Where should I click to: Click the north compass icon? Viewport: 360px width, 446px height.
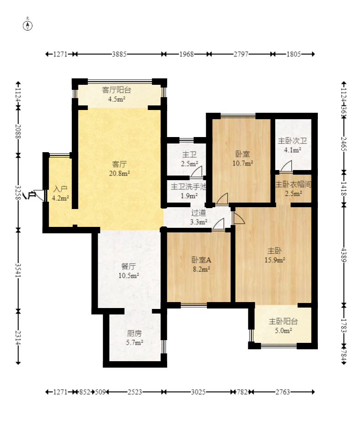click(x=27, y=25)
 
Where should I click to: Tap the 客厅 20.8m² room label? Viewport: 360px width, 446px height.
click(x=120, y=169)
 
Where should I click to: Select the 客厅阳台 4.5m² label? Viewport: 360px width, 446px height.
click(x=116, y=94)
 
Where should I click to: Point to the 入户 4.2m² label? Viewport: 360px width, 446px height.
click(x=60, y=193)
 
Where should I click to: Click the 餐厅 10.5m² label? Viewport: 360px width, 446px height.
click(x=128, y=271)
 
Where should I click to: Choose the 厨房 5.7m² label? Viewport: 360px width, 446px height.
click(x=134, y=338)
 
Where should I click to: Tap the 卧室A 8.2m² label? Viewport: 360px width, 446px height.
click(x=202, y=264)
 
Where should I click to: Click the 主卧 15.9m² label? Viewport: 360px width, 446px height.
click(x=275, y=255)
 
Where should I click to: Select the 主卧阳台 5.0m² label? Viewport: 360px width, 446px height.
click(x=284, y=326)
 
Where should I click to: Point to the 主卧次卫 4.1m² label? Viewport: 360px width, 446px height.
click(x=292, y=145)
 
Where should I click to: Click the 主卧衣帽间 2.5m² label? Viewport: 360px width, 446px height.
click(x=293, y=189)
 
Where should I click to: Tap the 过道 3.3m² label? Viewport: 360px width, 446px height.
click(x=198, y=217)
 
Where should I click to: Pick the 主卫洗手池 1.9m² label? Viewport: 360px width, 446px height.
click(x=189, y=191)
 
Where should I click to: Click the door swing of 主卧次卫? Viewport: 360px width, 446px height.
click(x=286, y=166)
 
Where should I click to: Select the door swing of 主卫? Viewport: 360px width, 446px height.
click(x=196, y=171)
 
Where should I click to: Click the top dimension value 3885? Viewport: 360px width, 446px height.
click(x=119, y=54)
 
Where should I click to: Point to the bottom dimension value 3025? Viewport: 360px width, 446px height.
click(x=198, y=392)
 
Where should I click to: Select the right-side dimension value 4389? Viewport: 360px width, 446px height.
click(x=344, y=255)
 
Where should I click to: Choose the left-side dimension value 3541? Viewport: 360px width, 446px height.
click(x=18, y=270)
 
